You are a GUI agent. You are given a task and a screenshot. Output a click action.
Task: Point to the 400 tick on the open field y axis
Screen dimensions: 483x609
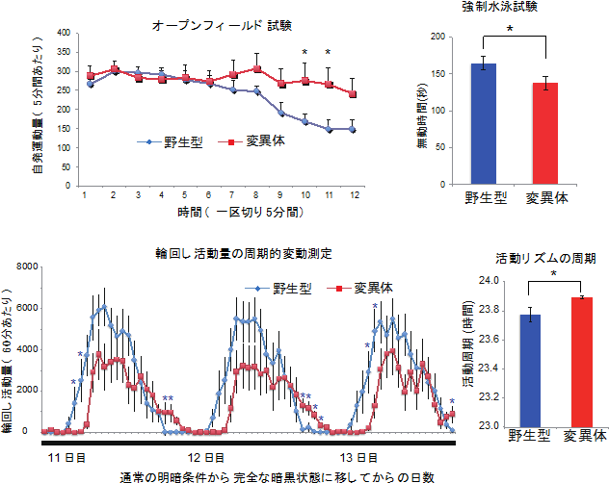pos(64,32)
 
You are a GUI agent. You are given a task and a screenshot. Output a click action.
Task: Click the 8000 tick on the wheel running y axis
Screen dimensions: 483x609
pos(26,267)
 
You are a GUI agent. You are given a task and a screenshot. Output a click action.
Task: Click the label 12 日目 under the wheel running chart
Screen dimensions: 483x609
pos(206,457)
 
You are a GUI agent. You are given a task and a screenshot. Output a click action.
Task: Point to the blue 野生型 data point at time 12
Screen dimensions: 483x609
pos(353,129)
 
